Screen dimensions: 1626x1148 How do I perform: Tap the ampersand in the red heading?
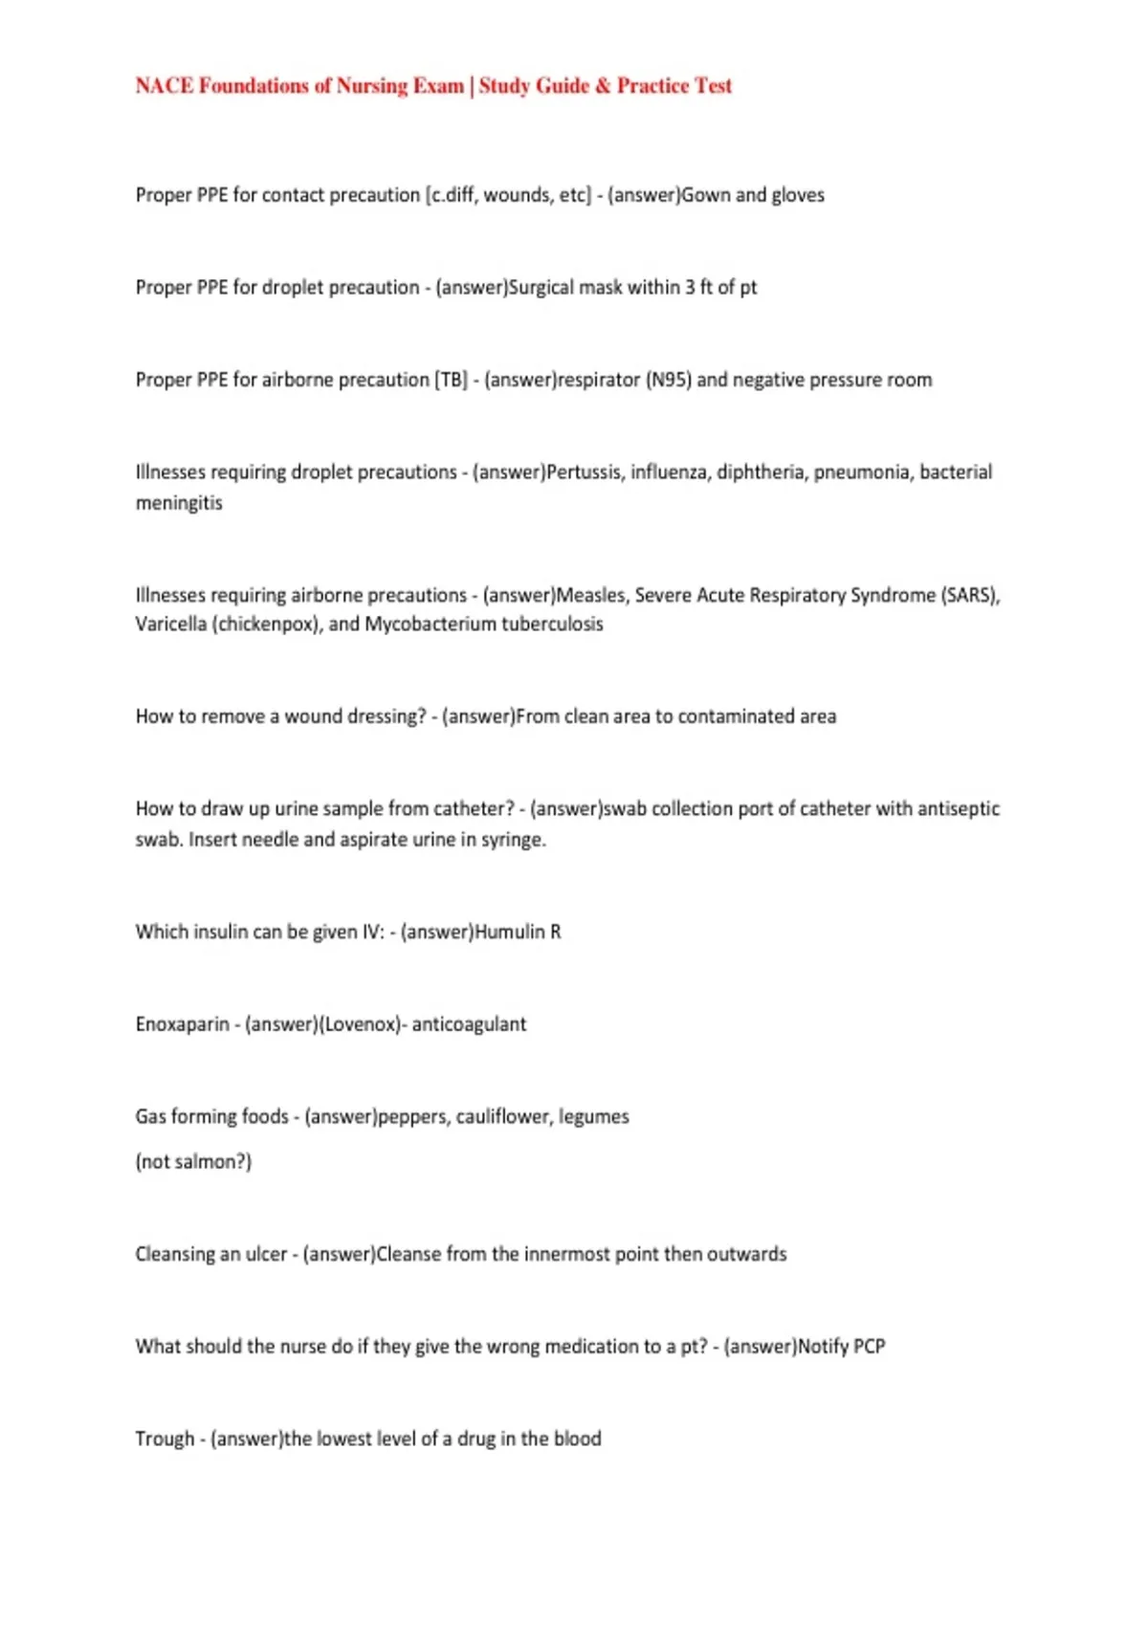point(603,86)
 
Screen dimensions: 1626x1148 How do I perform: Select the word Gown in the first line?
point(706,195)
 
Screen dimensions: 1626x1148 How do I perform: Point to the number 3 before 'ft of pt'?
point(690,287)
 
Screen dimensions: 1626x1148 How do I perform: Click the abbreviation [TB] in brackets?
point(452,380)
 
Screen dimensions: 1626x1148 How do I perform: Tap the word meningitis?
point(179,503)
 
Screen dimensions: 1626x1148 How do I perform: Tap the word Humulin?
point(510,932)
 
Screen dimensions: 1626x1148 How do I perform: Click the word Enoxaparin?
point(182,1024)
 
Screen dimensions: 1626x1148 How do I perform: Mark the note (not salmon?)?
point(193,1162)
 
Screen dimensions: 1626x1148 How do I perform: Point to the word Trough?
point(165,1439)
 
